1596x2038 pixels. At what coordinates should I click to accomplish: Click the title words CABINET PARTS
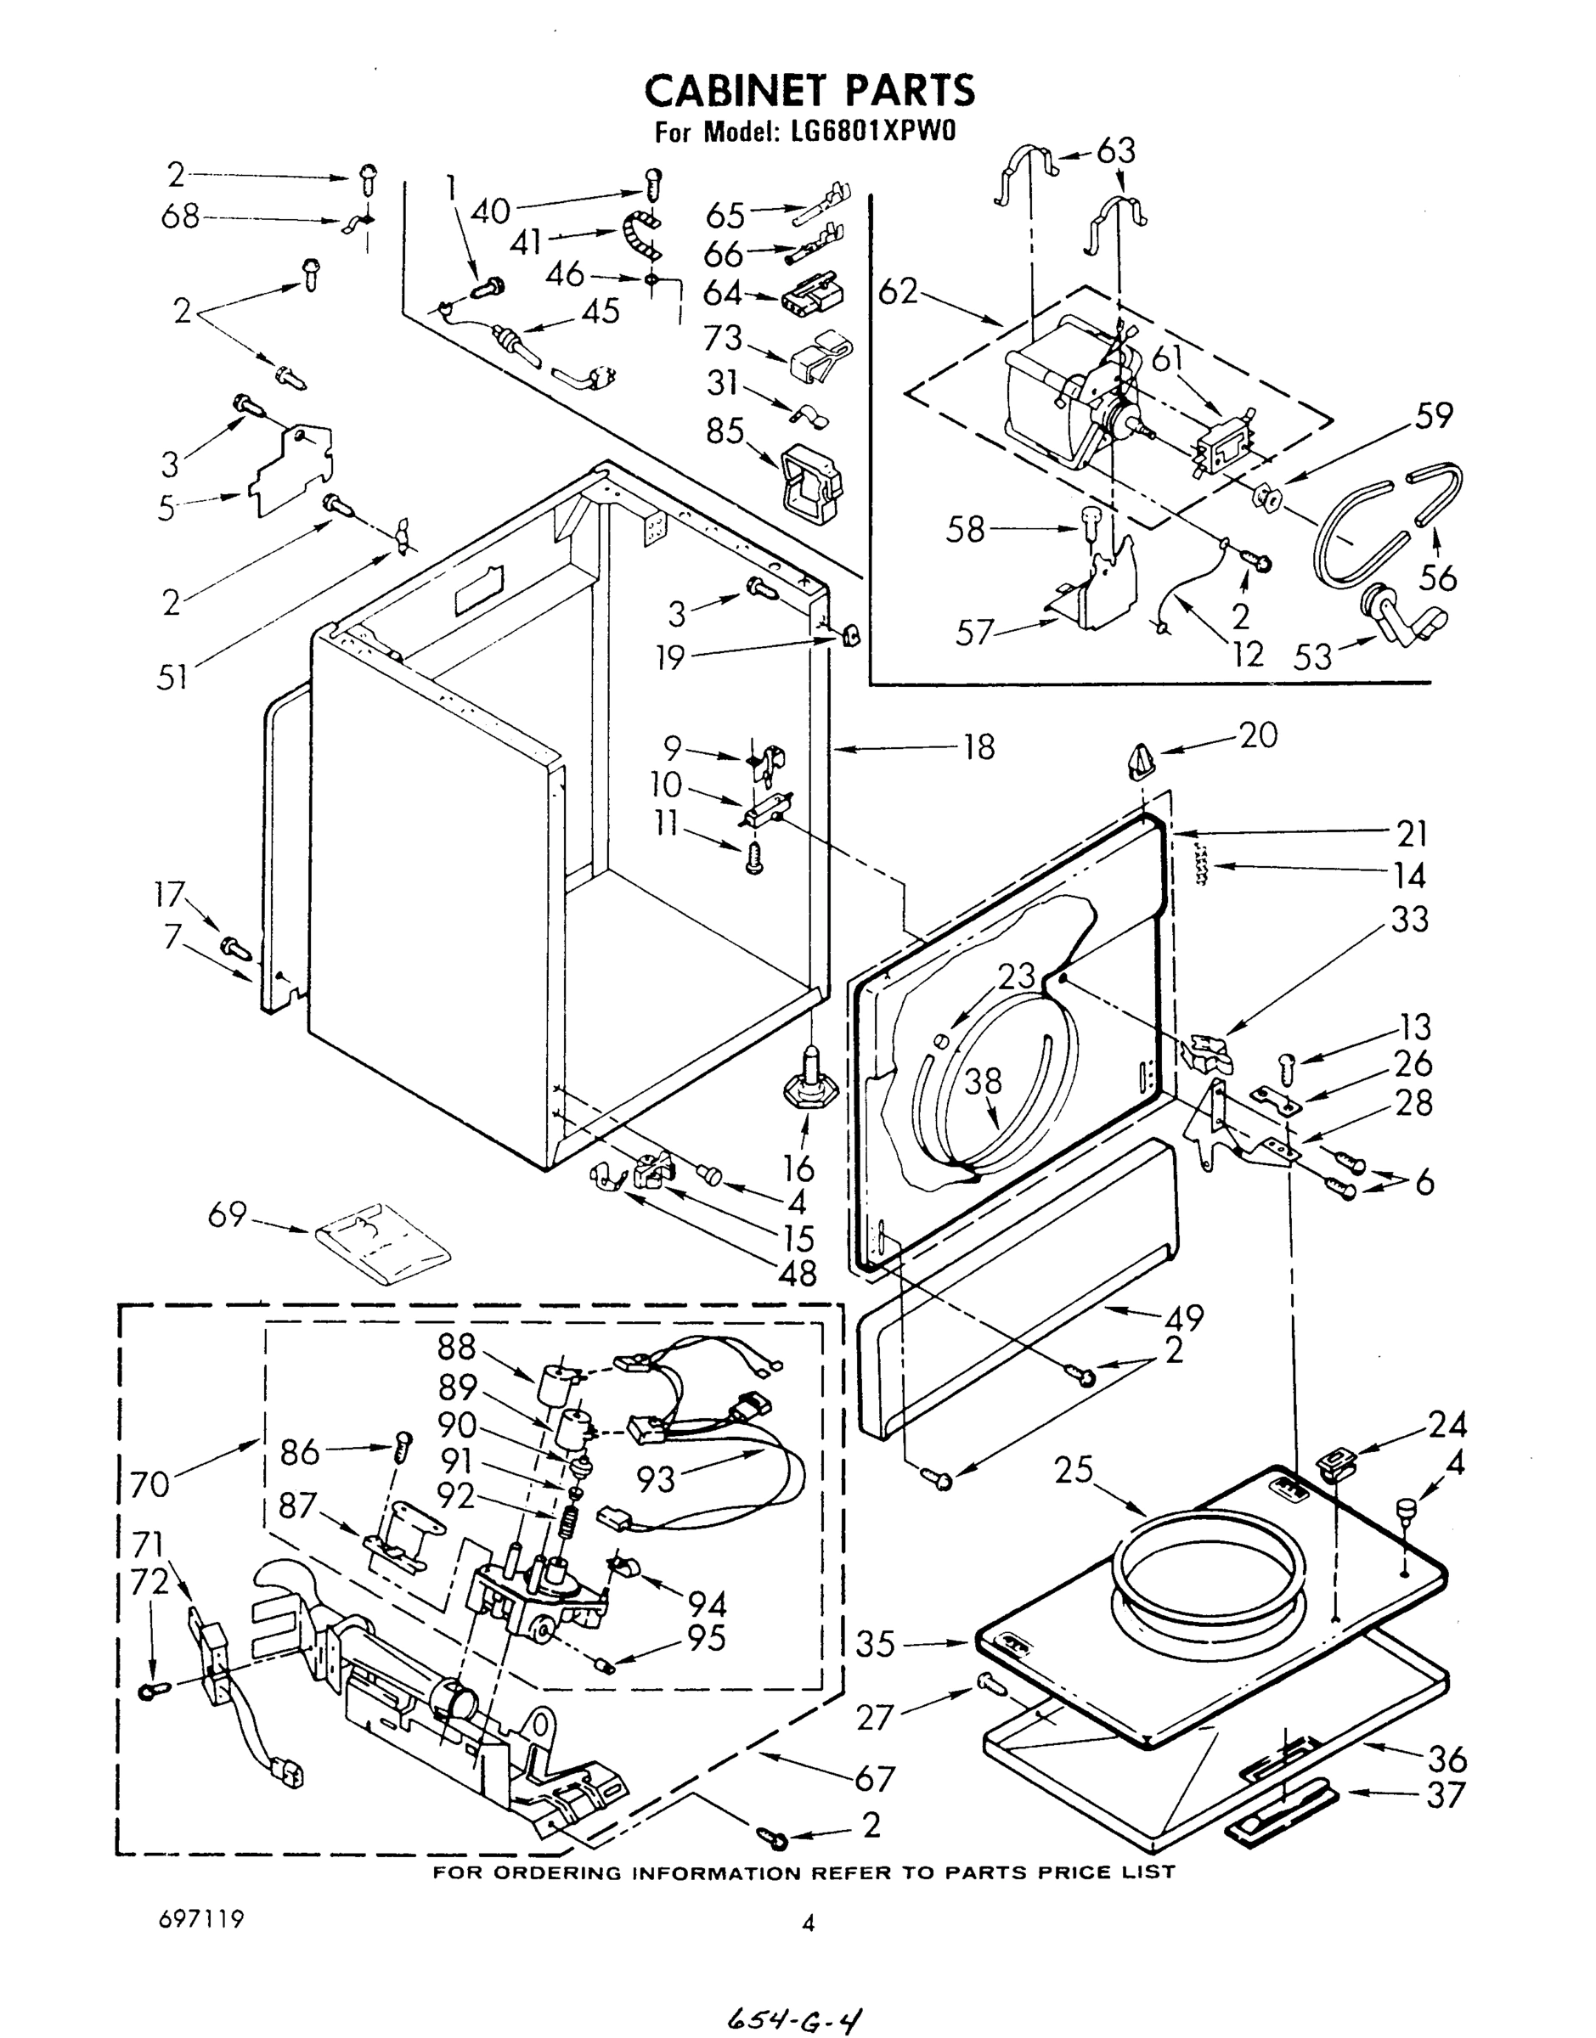point(809,91)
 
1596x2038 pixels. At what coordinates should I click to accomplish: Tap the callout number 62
point(898,292)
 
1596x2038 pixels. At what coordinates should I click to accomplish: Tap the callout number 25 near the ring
point(1074,1469)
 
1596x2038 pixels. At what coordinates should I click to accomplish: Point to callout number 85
point(725,431)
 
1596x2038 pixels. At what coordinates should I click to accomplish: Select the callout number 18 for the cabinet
point(978,746)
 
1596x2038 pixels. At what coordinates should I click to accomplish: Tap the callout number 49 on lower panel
point(1184,1317)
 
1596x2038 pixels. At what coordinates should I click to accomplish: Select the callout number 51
point(172,676)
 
